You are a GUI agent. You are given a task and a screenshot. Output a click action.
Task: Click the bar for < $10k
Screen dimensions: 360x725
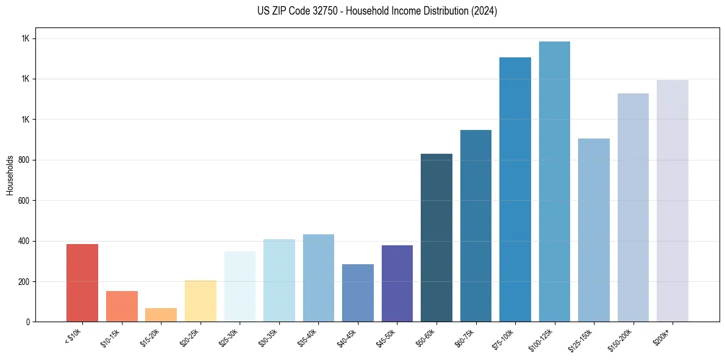coord(82,283)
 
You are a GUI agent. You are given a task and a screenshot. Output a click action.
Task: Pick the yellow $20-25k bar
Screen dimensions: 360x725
coord(201,301)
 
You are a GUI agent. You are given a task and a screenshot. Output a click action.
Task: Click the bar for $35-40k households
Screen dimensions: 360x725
coord(318,278)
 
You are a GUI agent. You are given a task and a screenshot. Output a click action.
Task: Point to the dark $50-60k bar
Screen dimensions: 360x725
coord(437,238)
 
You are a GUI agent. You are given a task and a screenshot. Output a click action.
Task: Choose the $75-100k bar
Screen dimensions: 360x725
coord(515,189)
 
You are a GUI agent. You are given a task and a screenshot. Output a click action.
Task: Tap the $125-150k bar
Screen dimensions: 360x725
coord(594,230)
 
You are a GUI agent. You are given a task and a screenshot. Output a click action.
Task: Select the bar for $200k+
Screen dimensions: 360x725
coord(673,201)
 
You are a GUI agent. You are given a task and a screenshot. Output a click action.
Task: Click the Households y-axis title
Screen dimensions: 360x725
coord(10,175)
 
